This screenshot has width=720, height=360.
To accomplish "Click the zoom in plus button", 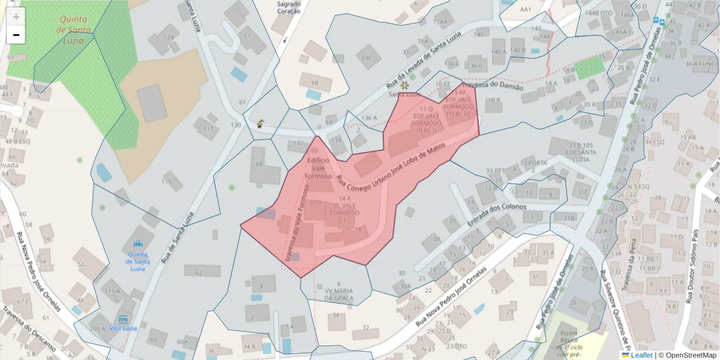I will [16, 17].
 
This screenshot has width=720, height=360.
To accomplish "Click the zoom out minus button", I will [16, 35].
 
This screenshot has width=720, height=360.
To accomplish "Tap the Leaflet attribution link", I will [637, 355].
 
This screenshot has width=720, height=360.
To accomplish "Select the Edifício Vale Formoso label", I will [318, 169].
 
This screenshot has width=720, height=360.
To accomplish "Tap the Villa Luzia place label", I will [124, 328].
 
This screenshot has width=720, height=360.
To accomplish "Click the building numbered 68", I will [260, 164].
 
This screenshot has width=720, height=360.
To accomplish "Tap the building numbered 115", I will [167, 182].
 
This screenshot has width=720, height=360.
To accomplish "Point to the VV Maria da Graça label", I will [339, 291].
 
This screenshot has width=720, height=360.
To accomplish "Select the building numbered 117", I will [208, 129].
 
